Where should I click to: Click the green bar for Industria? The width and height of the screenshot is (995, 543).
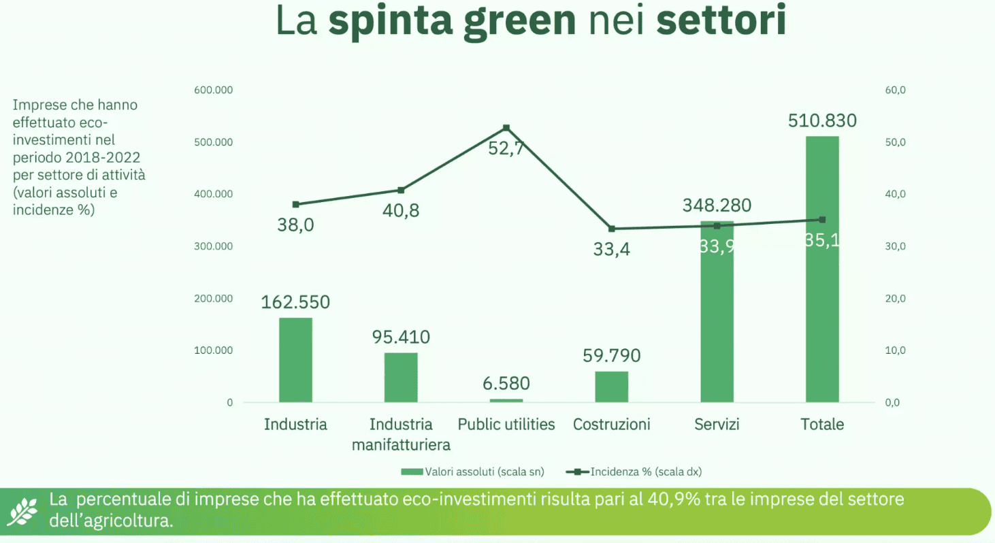pyautogui.click(x=295, y=360)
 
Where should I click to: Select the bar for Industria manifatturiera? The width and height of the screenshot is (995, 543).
pyautogui.click(x=401, y=378)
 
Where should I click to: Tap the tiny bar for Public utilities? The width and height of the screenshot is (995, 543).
pyautogui.click(x=506, y=400)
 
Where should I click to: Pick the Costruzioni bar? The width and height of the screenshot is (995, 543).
pyautogui.click(x=611, y=386)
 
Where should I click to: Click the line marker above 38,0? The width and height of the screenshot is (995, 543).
pyautogui.click(x=295, y=204)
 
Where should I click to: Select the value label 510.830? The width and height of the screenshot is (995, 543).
pyautogui.click(x=822, y=121)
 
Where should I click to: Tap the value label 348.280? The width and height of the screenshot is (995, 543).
pyautogui.click(x=717, y=205)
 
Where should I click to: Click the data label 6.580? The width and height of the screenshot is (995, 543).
pyautogui.click(x=506, y=384)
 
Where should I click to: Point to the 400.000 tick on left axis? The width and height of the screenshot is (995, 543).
pyautogui.click(x=215, y=194)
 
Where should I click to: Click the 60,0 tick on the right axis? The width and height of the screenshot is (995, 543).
pyautogui.click(x=895, y=90)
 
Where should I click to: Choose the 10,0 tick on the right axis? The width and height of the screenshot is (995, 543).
pyautogui.click(x=895, y=350)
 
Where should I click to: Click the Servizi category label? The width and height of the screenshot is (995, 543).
pyautogui.click(x=717, y=425)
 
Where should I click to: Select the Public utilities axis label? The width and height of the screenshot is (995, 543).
pyautogui.click(x=506, y=425)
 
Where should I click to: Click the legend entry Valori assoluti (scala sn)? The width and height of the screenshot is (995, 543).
pyautogui.click(x=473, y=471)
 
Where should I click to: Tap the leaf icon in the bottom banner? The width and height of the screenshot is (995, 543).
pyautogui.click(x=25, y=510)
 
